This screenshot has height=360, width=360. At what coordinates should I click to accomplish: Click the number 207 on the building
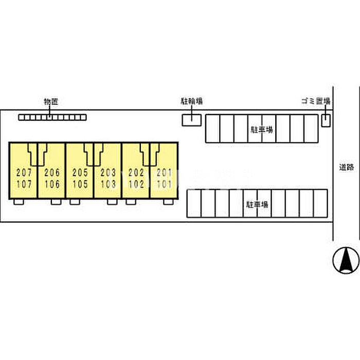tap(24, 172)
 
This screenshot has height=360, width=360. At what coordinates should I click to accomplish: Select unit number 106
tap(52, 184)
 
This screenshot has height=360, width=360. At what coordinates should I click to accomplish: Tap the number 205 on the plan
tap(80, 172)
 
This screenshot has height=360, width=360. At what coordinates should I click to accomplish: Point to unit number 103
tap(108, 184)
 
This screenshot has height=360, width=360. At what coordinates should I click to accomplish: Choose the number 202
tap(136, 172)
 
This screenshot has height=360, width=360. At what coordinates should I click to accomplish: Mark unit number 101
tap(164, 184)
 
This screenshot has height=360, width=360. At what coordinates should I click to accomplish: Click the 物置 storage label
tap(51, 102)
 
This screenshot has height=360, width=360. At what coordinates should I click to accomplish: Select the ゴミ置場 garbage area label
tap(315, 101)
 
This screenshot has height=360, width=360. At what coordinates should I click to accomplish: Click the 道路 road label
tap(347, 167)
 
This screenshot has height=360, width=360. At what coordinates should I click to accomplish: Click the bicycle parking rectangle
tap(192, 120)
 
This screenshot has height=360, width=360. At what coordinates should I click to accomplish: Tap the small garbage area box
tap(326, 120)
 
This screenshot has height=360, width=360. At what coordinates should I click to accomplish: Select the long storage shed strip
tap(52, 117)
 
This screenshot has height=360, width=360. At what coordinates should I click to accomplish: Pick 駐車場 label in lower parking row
tap(257, 204)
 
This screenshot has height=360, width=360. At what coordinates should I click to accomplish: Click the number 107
tap(24, 184)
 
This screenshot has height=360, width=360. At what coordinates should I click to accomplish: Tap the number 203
tap(108, 172)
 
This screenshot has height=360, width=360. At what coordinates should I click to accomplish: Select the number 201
tap(164, 172)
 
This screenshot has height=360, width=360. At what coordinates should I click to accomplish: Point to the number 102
tap(136, 184)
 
